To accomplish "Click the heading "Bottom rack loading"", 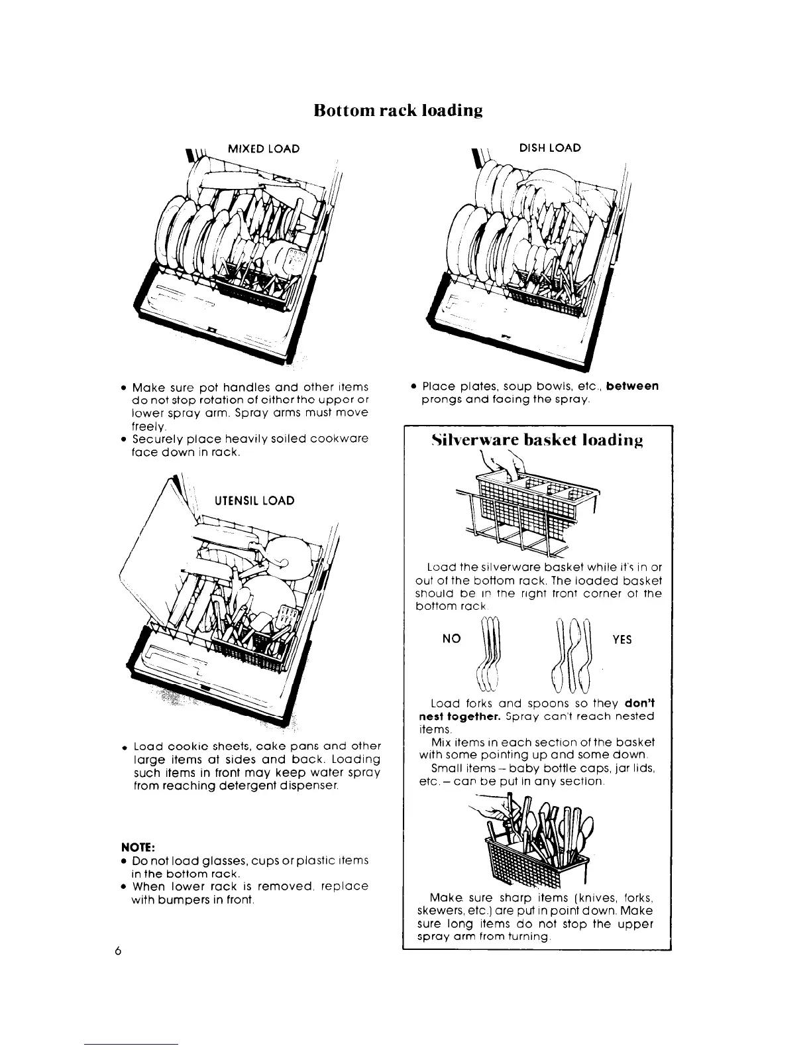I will coord(398,109).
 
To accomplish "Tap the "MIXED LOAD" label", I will coord(263,148).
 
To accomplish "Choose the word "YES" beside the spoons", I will coord(622,639).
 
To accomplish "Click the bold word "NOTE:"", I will coord(136,846).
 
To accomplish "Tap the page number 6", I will coord(118,951).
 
